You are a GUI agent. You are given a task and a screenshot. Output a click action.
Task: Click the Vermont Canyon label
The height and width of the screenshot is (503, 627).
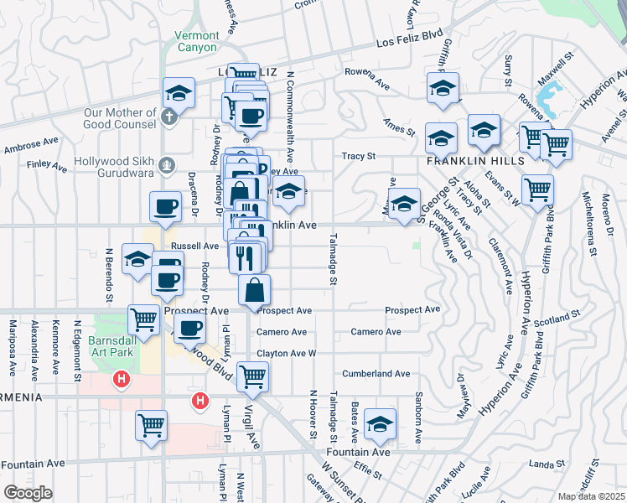[x=197, y=42]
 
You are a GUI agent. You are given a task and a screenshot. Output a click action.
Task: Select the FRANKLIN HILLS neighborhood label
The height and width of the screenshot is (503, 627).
[x=475, y=159]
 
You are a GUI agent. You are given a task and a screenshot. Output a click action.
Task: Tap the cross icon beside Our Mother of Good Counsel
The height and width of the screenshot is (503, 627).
[x=169, y=117]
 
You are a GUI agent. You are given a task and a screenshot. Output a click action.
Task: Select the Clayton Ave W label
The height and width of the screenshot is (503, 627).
[x=287, y=354]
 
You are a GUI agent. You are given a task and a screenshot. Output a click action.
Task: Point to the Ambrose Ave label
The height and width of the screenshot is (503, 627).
[x=28, y=148]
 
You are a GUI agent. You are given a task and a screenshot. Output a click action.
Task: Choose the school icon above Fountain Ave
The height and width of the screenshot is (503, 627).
[x=380, y=425]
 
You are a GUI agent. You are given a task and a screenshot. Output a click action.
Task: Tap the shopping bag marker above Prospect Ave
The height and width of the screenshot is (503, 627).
[x=254, y=290]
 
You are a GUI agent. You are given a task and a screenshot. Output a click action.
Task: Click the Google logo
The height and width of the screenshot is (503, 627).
[x=28, y=493]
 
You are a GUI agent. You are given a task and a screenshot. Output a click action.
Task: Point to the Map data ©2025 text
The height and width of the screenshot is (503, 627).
[x=592, y=496]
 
